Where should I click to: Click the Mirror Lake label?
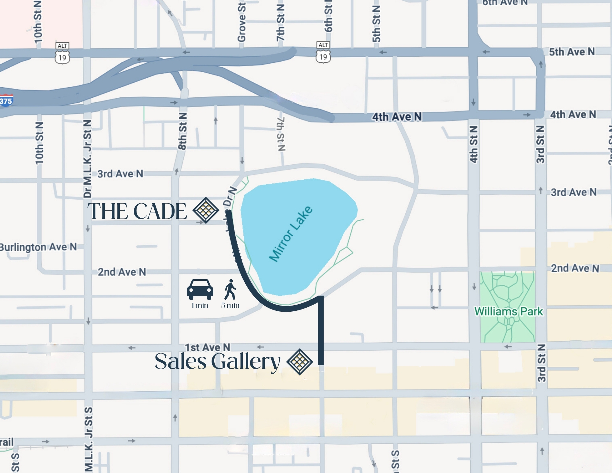pos(291,234)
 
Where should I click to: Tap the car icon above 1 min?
pos(200,289)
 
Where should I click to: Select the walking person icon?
pos(230,289)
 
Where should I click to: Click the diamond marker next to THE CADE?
pos(205,210)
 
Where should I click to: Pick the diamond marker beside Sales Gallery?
pos(299,362)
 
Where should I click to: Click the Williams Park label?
pos(509,311)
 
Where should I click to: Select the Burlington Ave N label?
pos(38,247)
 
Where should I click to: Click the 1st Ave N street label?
pos(207,347)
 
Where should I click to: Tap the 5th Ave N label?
pos(572,52)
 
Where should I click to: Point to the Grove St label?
pos(242,22)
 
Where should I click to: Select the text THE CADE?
pos(137,211)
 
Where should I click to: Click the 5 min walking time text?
pos(230,306)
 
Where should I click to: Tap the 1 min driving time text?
pos(200,306)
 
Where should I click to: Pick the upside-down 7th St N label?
pos(281,134)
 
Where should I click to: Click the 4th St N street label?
pos(473,145)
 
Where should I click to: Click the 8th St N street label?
pos(182,131)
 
